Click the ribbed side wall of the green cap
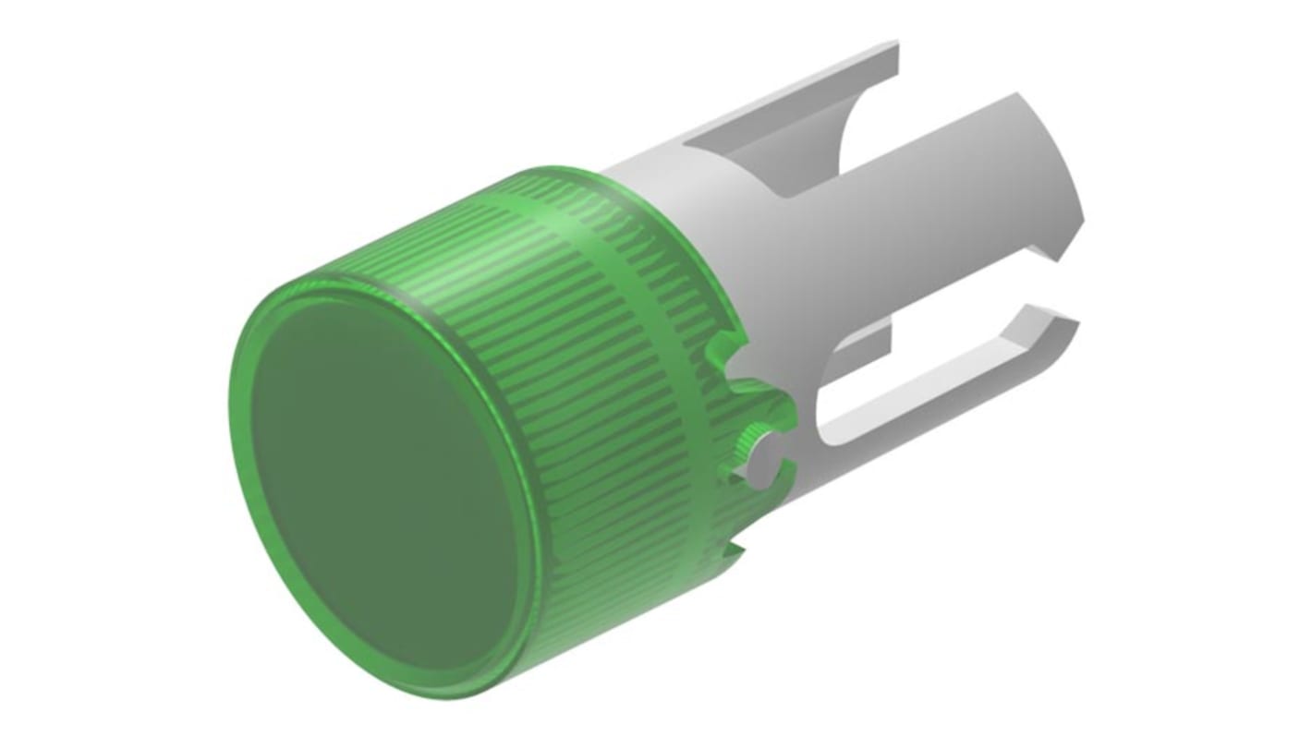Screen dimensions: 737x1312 pos(573,388)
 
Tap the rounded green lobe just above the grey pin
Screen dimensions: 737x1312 pos(771,406)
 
